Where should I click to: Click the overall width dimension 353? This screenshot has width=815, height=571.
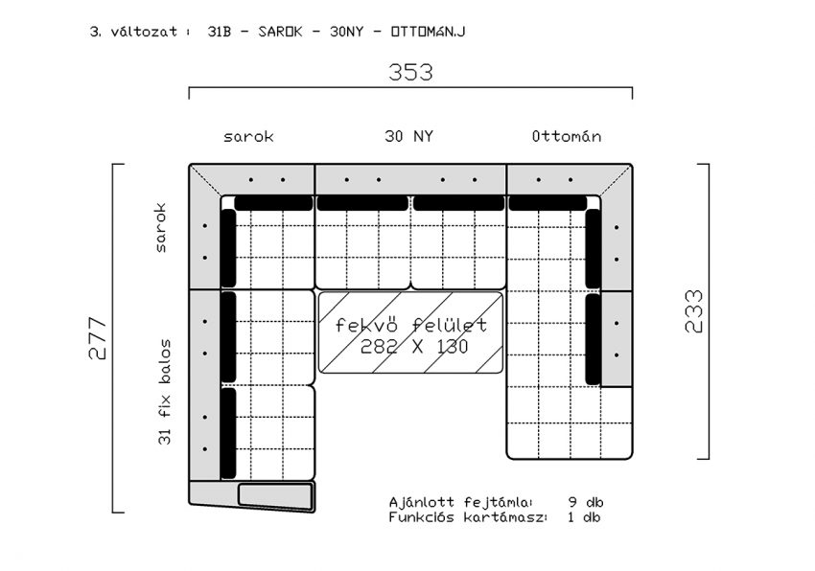(x=410, y=72)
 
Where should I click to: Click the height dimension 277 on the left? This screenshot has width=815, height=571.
(x=97, y=338)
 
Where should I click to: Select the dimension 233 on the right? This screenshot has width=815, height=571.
(x=693, y=311)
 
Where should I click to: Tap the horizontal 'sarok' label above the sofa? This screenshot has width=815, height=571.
(x=248, y=137)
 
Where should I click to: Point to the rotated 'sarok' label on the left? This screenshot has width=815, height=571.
(x=161, y=228)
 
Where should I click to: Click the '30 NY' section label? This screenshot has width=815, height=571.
(x=409, y=136)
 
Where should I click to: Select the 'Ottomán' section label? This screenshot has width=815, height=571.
(x=567, y=136)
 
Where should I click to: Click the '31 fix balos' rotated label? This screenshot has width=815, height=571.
(x=164, y=392)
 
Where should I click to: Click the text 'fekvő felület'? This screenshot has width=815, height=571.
(x=410, y=325)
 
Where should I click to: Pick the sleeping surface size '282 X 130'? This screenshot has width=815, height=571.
(x=414, y=347)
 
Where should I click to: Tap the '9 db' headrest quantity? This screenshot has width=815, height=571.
(x=586, y=502)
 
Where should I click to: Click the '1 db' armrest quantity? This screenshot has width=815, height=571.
(x=584, y=517)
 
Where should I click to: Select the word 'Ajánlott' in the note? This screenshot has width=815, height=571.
(x=422, y=502)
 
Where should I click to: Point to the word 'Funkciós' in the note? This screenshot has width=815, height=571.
(x=422, y=517)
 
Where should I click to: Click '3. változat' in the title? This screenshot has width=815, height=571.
(x=133, y=32)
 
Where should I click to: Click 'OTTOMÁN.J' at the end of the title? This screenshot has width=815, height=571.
(x=428, y=32)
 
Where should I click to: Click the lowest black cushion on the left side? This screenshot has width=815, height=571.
(x=228, y=433)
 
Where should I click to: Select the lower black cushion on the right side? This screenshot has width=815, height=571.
(x=594, y=339)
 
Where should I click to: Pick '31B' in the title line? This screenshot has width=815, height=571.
(x=219, y=32)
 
